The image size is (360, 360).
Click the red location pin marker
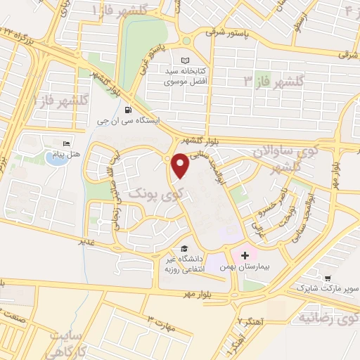pos(181,165)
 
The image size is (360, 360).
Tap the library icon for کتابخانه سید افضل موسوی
pos(186,60)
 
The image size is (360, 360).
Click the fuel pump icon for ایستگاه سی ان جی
pos(127,110)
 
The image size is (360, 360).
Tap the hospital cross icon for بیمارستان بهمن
pos(245,255)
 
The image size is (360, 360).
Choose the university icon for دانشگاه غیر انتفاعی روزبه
pos(184,248)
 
